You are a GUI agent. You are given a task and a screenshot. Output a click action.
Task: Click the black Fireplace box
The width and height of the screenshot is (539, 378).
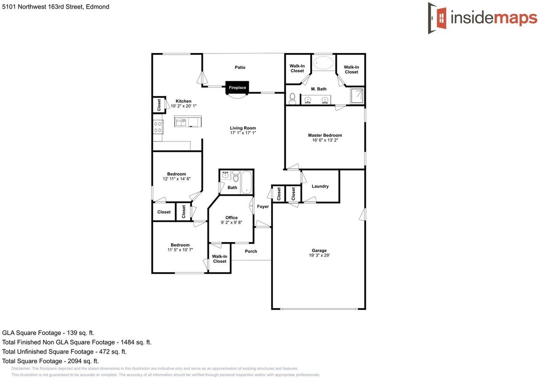click(237, 88)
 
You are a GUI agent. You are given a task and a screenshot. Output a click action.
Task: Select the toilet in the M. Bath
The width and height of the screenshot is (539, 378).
click(293, 98)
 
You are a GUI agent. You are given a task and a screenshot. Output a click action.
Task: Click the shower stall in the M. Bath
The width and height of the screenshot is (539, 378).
click(357, 96)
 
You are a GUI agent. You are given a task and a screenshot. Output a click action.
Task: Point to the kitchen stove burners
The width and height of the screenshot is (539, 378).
click(158, 127)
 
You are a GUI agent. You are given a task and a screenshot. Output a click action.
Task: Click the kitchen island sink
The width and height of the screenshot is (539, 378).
click(181, 122)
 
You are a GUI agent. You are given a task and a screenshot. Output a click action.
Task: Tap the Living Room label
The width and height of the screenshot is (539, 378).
click(243, 128)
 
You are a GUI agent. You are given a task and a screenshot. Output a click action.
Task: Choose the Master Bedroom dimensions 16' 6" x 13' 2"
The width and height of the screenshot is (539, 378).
click(325, 140)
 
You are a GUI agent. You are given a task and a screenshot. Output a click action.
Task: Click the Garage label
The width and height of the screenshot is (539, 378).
click(319, 250)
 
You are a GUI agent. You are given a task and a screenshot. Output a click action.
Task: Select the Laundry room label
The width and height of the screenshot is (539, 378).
click(320, 186)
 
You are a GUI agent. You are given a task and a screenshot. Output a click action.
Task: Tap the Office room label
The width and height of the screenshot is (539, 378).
click(231, 218)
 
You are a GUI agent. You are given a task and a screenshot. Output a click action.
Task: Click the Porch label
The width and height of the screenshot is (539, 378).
click(251, 251)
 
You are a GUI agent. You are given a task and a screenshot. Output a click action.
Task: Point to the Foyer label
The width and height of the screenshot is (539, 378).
click(263, 207)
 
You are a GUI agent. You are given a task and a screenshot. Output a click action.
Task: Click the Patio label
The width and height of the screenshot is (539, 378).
click(240, 67)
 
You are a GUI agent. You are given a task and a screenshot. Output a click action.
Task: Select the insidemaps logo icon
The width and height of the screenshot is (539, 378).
click(438, 18)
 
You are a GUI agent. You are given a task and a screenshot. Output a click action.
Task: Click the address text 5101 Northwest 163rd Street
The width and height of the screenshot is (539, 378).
click(56, 7)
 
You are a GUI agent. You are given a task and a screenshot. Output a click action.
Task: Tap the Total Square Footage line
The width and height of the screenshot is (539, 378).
click(51, 361)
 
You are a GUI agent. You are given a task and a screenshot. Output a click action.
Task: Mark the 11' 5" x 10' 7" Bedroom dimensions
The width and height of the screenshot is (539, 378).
click(180, 250)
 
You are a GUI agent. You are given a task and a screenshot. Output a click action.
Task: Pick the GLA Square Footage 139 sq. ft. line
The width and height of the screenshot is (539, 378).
click(48, 333)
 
